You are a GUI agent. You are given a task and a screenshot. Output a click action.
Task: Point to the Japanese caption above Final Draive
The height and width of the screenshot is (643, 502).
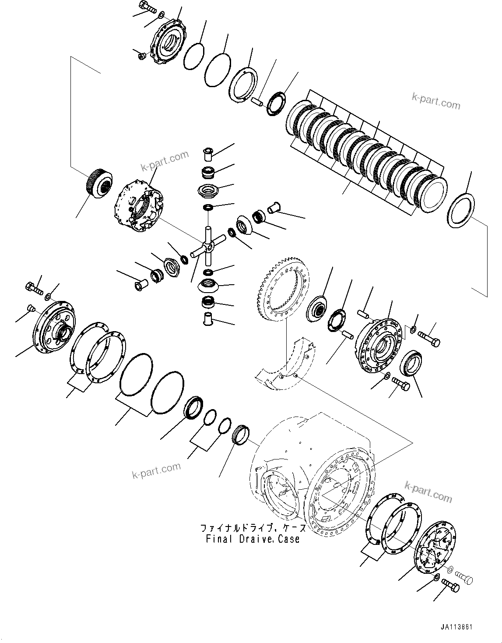click(x=253, y=528)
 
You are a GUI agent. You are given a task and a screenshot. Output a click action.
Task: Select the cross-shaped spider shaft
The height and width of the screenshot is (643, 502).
click(x=208, y=247)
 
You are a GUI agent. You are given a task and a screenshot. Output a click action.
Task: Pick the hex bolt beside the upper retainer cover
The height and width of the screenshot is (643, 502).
click(x=146, y=7)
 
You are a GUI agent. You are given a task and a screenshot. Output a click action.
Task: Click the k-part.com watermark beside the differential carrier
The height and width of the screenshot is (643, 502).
click(x=165, y=161)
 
